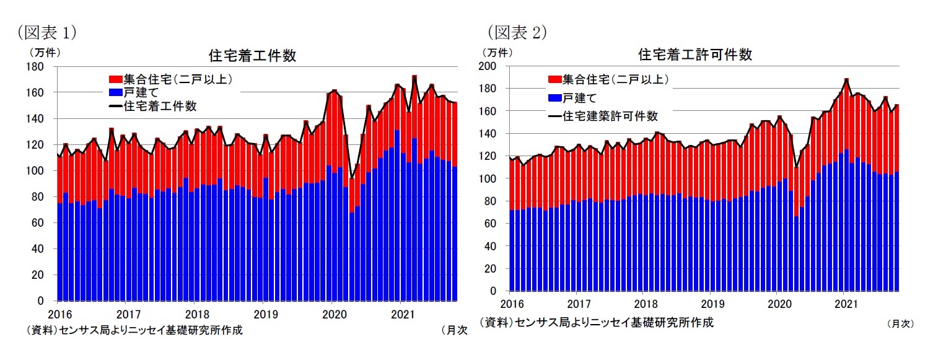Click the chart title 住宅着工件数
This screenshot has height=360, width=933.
[252, 56]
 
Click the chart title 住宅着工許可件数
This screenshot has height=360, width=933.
[695, 55]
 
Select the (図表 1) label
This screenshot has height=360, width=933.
[47, 32]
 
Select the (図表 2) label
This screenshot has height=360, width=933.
[517, 32]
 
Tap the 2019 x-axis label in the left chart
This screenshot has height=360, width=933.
[265, 314]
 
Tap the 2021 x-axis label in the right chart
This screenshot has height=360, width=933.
[846, 304]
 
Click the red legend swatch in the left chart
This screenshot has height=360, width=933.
[115, 79]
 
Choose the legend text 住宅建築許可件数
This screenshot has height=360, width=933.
[611, 116]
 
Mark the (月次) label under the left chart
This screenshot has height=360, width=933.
[453, 330]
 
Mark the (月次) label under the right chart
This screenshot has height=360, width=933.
[900, 323]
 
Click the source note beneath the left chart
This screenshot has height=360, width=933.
[134, 330]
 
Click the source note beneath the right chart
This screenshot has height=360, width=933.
[596, 322]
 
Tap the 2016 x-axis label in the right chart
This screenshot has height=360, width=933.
[512, 304]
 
